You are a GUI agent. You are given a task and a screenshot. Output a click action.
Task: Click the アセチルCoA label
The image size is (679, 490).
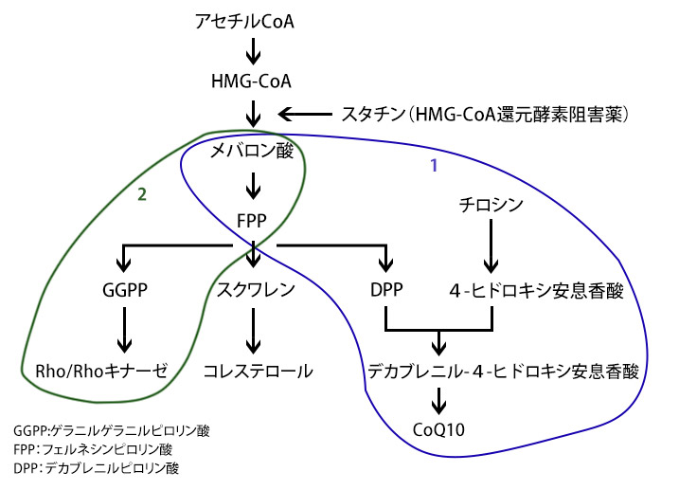[x=252, y=19]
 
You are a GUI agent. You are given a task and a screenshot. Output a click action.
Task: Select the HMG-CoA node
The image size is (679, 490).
[x=252, y=82]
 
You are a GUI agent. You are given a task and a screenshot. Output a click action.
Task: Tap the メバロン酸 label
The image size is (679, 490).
[x=252, y=150]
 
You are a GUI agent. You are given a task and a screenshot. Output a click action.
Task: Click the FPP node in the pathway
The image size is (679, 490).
[x=252, y=222]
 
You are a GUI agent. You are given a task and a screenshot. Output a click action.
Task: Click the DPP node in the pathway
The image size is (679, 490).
[x=387, y=290]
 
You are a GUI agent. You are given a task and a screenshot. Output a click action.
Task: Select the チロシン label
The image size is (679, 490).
[x=491, y=203]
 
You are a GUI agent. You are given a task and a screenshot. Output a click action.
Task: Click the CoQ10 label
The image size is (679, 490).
[x=438, y=429]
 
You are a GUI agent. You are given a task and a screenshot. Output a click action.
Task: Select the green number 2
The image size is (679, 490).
[x=141, y=195]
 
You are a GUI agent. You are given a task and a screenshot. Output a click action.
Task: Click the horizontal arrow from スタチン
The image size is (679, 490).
[x=305, y=115]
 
